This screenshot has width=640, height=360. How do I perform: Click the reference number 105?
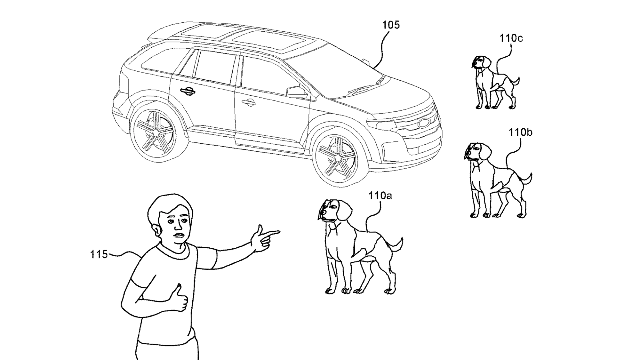(391, 25)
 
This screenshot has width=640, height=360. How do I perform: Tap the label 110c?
(511, 38)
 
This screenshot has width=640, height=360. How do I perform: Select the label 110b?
(520, 132)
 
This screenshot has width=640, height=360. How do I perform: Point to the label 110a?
(380, 196)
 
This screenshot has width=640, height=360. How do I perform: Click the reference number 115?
(99, 254)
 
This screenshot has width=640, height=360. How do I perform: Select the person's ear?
(156, 229)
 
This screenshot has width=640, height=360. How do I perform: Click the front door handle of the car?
(249, 102)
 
